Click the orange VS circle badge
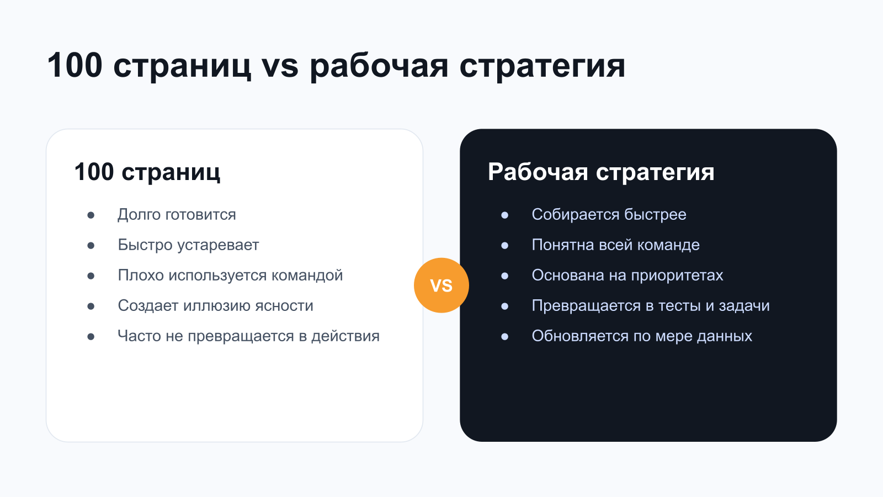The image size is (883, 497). click(x=441, y=285)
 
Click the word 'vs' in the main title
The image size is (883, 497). click(x=280, y=66)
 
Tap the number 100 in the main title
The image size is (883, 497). click(x=75, y=66)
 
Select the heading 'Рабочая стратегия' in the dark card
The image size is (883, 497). click(x=601, y=172)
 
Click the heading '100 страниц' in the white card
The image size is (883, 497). click(x=147, y=172)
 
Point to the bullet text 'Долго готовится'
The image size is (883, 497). click(x=177, y=215)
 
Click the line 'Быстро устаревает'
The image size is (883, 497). click(x=188, y=245)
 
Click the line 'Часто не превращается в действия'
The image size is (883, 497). click(x=248, y=336)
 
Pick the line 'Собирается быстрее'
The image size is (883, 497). click(x=609, y=215)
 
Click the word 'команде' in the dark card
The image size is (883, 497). click(x=672, y=245)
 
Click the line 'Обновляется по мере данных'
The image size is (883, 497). click(x=642, y=336)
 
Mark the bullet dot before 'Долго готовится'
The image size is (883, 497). click(x=91, y=215)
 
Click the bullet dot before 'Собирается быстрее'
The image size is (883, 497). click(x=504, y=215)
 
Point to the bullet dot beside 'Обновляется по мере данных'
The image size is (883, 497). click(x=504, y=337)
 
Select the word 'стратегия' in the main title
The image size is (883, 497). click(x=542, y=66)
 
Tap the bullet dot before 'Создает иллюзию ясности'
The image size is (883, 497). click(x=91, y=306)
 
